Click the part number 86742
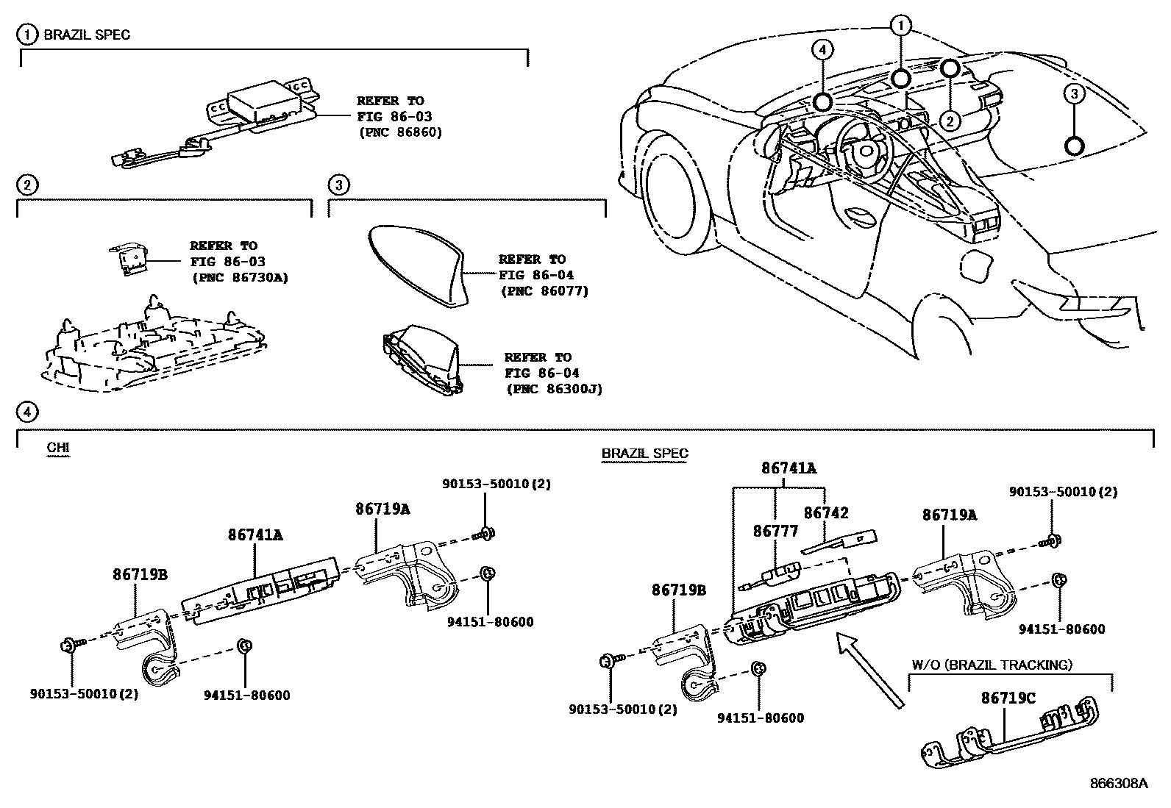[x=825, y=512]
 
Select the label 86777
[x=775, y=531]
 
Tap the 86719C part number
[x=1008, y=698]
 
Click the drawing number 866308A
[x=1117, y=784]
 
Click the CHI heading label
[x=57, y=447]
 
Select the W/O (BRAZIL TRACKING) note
[x=992, y=665]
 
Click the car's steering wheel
[x=861, y=140]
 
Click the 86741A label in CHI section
[x=255, y=535]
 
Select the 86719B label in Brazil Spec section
[x=678, y=590]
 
